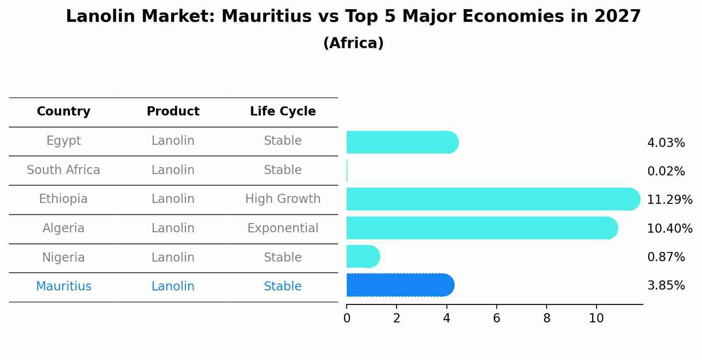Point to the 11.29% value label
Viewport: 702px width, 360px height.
(x=670, y=200)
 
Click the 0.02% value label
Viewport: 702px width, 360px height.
(x=666, y=171)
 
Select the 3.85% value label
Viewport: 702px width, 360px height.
(x=666, y=286)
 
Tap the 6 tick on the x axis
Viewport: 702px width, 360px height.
(x=496, y=318)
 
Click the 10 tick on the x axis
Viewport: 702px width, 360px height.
(x=596, y=318)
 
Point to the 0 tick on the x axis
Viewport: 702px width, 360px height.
(x=347, y=318)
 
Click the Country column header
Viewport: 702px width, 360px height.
(x=63, y=112)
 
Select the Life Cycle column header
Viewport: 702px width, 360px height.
(x=283, y=112)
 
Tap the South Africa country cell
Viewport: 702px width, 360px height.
(x=63, y=170)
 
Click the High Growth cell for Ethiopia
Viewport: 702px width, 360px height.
(x=283, y=199)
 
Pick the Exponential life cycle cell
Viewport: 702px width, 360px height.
(x=283, y=228)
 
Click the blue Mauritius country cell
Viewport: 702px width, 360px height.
(x=63, y=287)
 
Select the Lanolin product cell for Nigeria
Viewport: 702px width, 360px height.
(x=173, y=258)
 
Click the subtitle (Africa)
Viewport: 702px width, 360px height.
(x=353, y=43)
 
